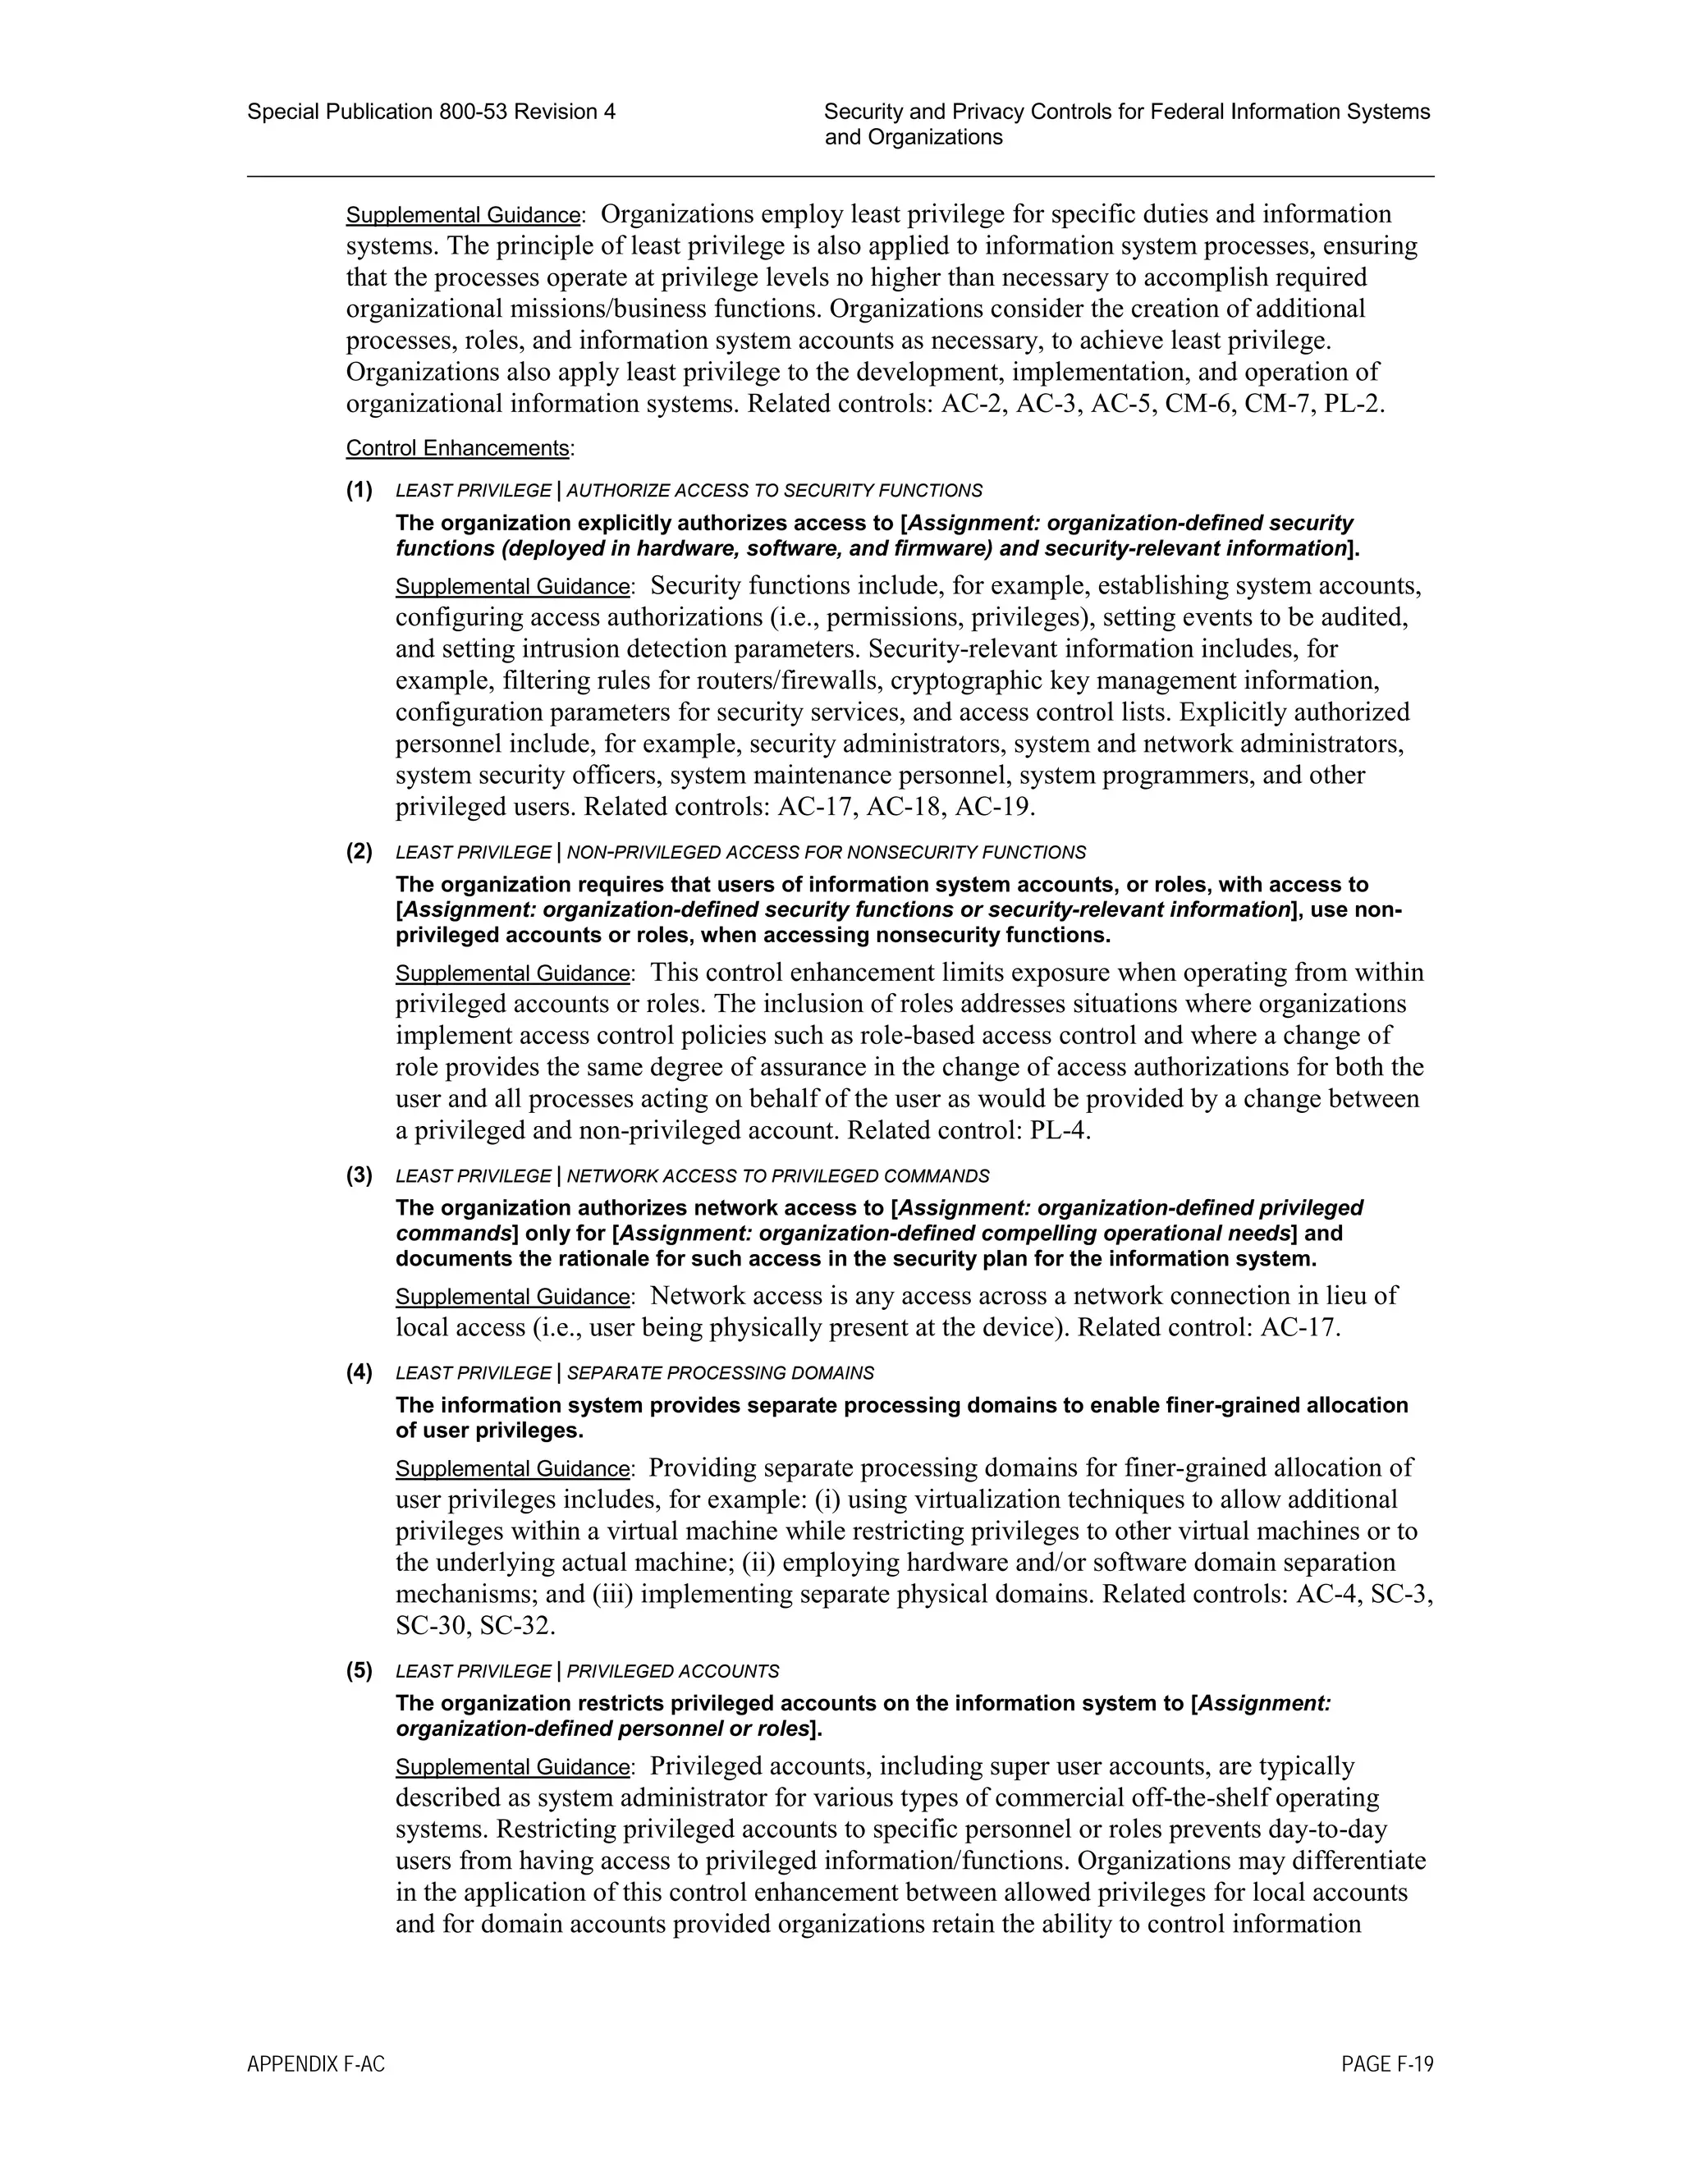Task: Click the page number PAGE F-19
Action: click(x=1386, y=2064)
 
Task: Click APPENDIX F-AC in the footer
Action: click(x=316, y=2064)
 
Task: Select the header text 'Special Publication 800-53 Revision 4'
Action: click(x=431, y=112)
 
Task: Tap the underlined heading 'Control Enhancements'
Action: click(x=458, y=448)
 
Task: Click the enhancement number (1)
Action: click(x=360, y=490)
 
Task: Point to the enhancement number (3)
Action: click(x=360, y=1175)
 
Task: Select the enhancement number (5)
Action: click(x=360, y=1670)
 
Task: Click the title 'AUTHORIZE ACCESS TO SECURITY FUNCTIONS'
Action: click(x=774, y=491)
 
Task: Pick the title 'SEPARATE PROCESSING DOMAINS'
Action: click(x=720, y=1373)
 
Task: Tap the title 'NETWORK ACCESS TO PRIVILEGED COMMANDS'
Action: click(x=778, y=1176)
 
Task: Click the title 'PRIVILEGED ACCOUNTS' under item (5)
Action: click(x=672, y=1671)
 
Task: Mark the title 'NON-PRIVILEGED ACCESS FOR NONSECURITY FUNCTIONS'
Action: click(x=826, y=853)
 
